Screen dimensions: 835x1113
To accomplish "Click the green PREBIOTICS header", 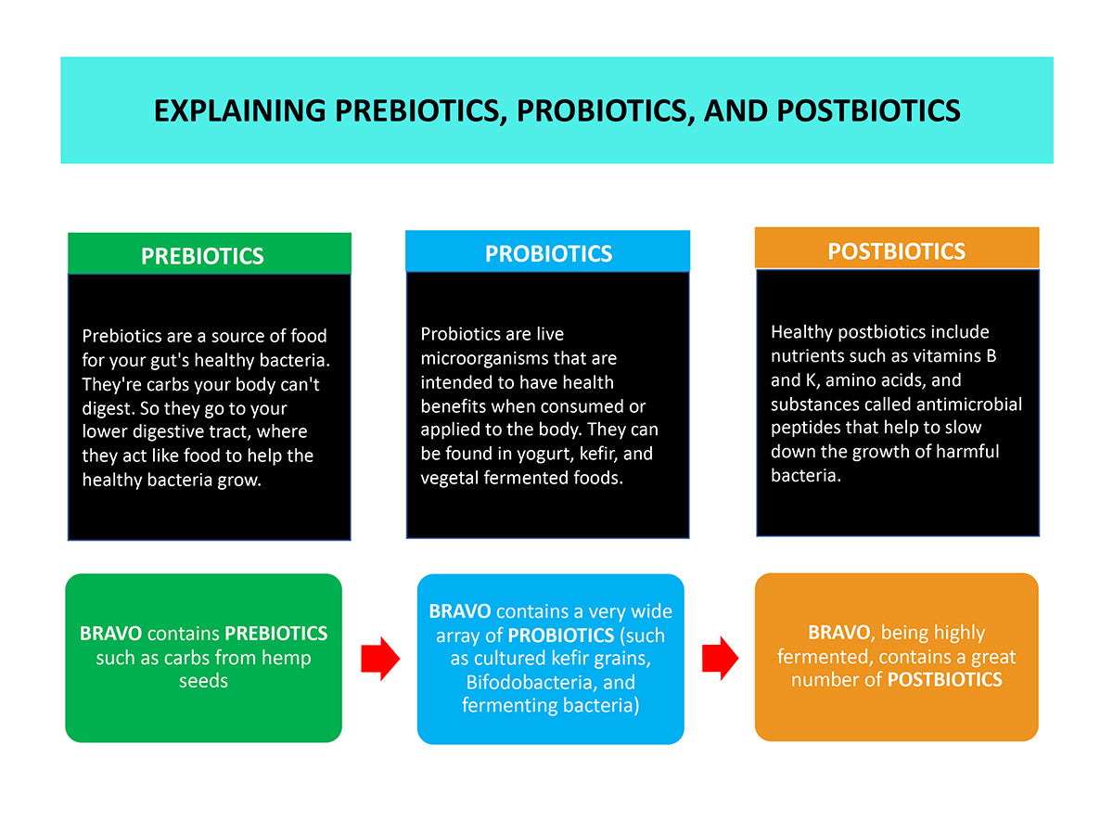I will [202, 256].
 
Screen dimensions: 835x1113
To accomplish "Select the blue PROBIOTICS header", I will [548, 253].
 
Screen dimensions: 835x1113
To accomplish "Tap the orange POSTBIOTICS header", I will [896, 251].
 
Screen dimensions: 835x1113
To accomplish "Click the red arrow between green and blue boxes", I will [379, 659].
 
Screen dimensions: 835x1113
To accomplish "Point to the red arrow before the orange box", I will [720, 659].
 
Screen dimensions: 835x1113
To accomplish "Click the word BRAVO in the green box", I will [110, 634].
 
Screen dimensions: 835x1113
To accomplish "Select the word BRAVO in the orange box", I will [839, 633].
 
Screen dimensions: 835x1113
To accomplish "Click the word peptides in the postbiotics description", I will [803, 428].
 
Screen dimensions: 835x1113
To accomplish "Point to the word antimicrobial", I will [969, 404].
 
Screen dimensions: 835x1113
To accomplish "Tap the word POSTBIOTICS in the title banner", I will [868, 110].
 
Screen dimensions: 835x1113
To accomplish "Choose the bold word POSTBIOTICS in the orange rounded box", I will [944, 680].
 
